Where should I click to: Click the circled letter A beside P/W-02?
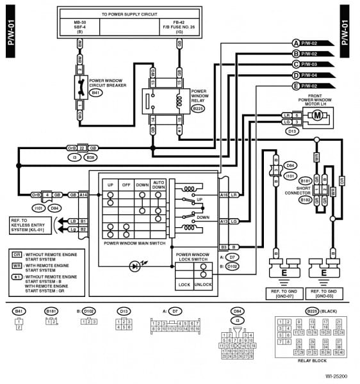coord(296,43)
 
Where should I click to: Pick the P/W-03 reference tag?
coord(318,65)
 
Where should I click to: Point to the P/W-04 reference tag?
coord(318,75)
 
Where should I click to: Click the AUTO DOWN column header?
coord(160,184)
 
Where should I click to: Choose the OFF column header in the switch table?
coord(126,184)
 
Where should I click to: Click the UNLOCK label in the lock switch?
coord(204,284)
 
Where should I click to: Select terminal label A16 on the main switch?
coord(224,194)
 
